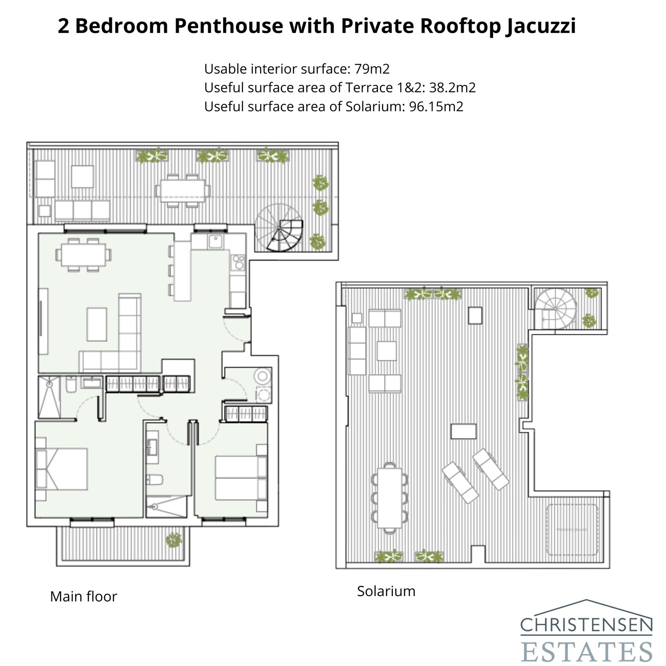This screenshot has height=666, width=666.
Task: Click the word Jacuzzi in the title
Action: tap(540, 26)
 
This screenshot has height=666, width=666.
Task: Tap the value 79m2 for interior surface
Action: tap(372, 69)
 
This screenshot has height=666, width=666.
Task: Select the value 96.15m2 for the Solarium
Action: tap(436, 107)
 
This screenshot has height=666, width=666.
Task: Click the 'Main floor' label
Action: tap(83, 596)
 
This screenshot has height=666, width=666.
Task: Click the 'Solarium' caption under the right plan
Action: tap(386, 591)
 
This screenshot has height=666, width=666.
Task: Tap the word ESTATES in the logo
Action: tap(586, 651)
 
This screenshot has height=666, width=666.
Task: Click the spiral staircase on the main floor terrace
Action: tap(279, 228)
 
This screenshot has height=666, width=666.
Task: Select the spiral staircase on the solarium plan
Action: tap(556, 308)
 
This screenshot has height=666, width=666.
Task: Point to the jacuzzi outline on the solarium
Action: tap(572, 529)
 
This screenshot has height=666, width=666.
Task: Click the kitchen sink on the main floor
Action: tap(216, 241)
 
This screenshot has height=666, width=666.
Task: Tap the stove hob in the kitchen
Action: tap(239, 262)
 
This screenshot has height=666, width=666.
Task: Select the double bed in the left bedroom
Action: tap(62, 469)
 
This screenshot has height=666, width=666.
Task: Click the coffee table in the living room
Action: tap(97, 324)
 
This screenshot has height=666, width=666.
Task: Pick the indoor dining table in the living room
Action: tap(83, 255)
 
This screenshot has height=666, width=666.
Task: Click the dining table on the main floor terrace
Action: tap(183, 191)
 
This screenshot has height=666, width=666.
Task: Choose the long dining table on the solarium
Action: tap(390, 498)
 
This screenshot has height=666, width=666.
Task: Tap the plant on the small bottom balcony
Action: tap(174, 540)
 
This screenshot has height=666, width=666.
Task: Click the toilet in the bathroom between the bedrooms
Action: tap(154, 480)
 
